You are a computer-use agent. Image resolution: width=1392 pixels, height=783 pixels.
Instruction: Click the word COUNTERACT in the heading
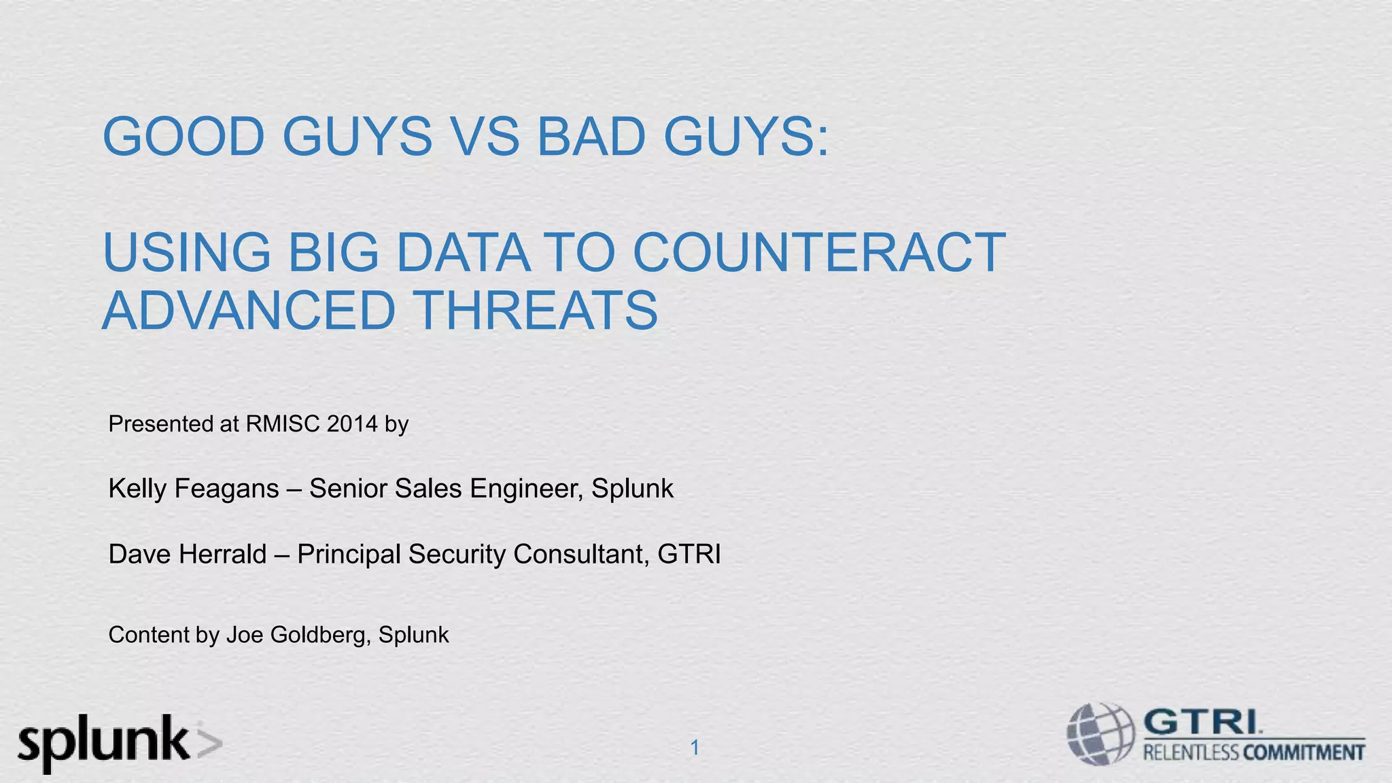pos(818,252)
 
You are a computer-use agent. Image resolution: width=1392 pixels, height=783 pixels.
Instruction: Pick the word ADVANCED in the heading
pos(248,311)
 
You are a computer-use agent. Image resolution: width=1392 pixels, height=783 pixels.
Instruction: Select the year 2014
pos(351,423)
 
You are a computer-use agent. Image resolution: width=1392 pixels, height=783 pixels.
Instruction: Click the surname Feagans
pos(226,489)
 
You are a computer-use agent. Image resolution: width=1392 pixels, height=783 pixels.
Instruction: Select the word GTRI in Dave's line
pos(689,554)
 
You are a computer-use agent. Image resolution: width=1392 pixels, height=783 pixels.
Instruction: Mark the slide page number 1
pos(695,748)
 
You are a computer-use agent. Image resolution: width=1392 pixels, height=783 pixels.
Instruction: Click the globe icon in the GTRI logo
pos(1100,734)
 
